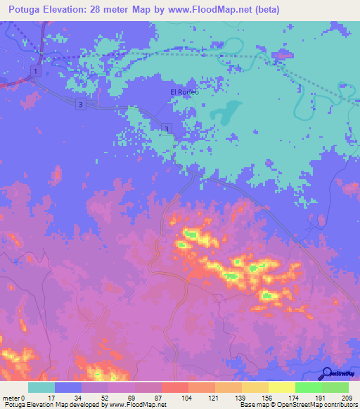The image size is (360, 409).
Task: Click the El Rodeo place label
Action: [x=185, y=92]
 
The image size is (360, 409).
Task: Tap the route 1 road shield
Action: [x=35, y=71]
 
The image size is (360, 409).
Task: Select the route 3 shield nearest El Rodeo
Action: [x=166, y=127]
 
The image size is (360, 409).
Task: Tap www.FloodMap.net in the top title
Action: [x=214, y=10]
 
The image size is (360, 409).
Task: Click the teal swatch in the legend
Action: [x=41, y=387]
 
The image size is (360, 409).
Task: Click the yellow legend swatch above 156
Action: [x=255, y=387]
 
